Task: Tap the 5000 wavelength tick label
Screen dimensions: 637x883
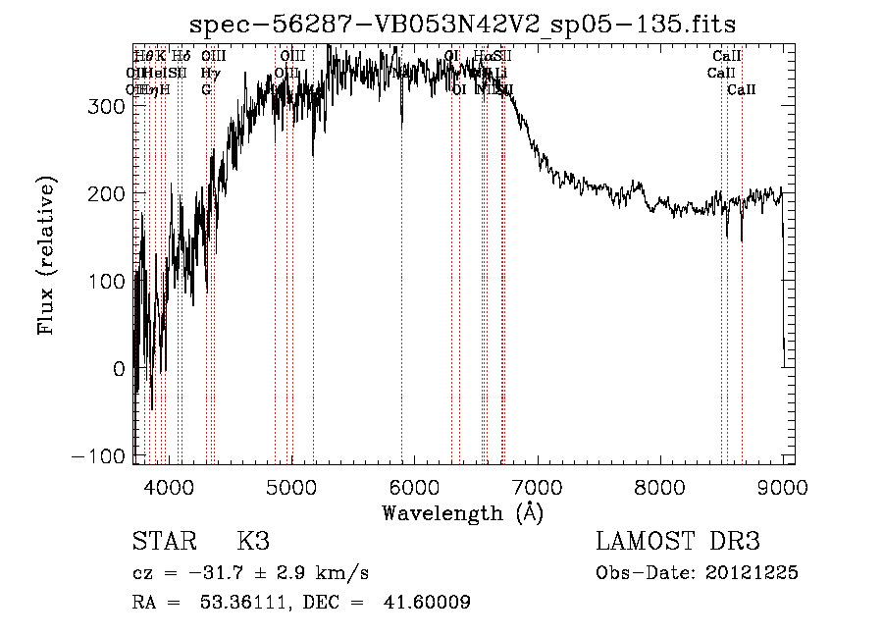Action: coord(291,486)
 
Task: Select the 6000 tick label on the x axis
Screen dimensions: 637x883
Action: coord(414,486)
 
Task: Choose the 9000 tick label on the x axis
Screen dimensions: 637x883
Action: coord(782,486)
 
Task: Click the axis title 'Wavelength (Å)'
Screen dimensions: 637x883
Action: coord(462,512)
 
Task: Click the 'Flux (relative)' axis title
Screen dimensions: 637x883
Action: coord(46,255)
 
